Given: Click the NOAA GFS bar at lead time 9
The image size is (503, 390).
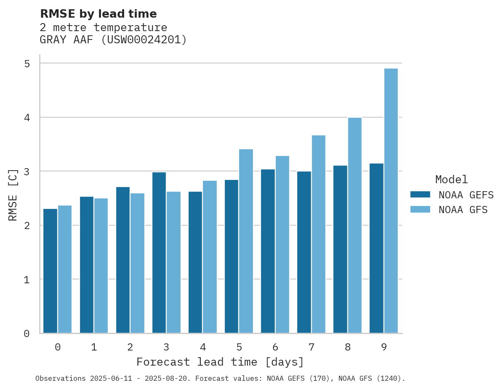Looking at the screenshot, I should click(x=391, y=201).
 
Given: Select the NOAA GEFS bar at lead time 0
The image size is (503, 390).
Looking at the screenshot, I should click(x=51, y=271).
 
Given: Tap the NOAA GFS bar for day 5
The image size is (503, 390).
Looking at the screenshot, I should click(x=246, y=241).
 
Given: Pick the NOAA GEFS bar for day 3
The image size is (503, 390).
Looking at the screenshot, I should click(x=159, y=252).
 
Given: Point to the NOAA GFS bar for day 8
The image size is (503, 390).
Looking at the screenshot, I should click(x=354, y=225).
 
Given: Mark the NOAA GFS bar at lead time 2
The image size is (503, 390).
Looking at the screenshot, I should click(x=137, y=263).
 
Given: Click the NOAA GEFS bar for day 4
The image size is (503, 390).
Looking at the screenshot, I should click(x=195, y=262).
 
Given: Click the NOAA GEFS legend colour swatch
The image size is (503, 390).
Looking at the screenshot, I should click(x=420, y=195).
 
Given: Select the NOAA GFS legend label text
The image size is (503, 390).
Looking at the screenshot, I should click(x=463, y=210).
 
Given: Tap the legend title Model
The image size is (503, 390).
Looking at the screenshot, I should click(x=451, y=180).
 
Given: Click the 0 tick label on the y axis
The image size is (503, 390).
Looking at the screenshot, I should click(x=27, y=334).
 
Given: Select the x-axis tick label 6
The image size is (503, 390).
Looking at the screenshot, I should click(x=275, y=347).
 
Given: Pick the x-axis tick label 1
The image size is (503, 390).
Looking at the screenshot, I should click(x=94, y=347).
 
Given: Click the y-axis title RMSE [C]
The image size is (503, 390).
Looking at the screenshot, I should click(x=13, y=195).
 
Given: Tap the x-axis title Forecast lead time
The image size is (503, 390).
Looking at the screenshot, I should click(x=220, y=362).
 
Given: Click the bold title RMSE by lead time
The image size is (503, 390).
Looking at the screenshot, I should click(x=98, y=14).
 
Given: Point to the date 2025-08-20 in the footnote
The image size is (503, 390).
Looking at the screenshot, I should click(x=167, y=379).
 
